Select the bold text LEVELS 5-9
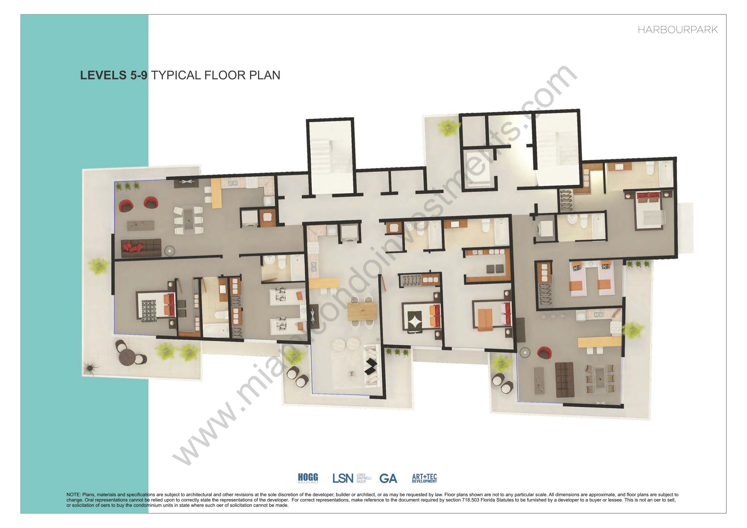[x=114, y=75]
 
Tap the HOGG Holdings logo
[x=308, y=478]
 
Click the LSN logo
[x=342, y=478]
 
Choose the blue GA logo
[x=388, y=478]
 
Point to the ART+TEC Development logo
[x=424, y=478]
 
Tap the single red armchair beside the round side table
[x=543, y=352]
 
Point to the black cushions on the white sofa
[x=370, y=366]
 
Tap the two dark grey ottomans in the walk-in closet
[x=494, y=269]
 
